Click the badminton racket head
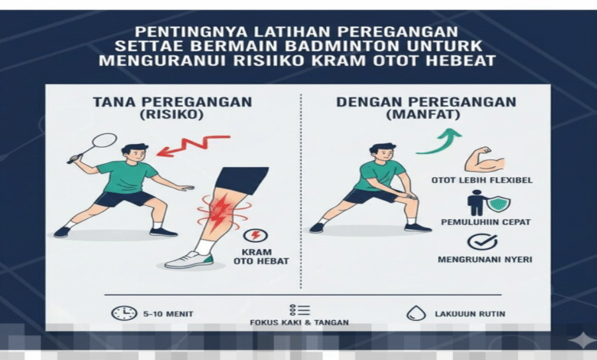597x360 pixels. (x=104, y=140)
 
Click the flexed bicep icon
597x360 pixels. (x=484, y=160)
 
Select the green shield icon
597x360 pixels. (x=499, y=205)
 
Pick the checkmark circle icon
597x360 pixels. (x=482, y=242)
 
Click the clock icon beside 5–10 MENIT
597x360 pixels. (x=124, y=313)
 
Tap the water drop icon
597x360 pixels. (x=416, y=313)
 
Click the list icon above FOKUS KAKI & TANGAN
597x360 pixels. (x=299, y=310)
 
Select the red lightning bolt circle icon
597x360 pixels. (x=256, y=235)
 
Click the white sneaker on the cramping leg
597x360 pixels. (x=189, y=260)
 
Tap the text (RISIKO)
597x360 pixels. (x=171, y=115)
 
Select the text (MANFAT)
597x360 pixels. (x=423, y=115)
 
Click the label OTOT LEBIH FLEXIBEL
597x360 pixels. (x=482, y=180)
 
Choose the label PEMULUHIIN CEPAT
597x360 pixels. (x=485, y=221)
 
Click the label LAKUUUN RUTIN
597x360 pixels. (x=470, y=314)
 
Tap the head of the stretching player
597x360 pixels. (x=380, y=153)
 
